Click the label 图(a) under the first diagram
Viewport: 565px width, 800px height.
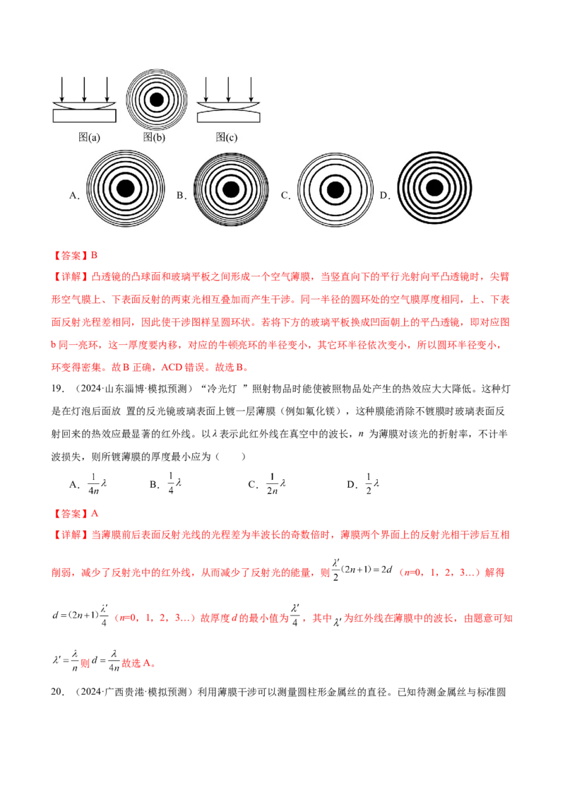point(88,138)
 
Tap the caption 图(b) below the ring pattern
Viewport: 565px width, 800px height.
point(154,138)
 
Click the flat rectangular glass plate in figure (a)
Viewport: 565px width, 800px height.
point(85,118)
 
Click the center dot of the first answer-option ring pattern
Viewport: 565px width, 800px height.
point(126,189)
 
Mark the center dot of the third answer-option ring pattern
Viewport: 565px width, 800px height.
point(335,189)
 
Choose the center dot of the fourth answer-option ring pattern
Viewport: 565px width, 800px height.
point(434,189)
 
